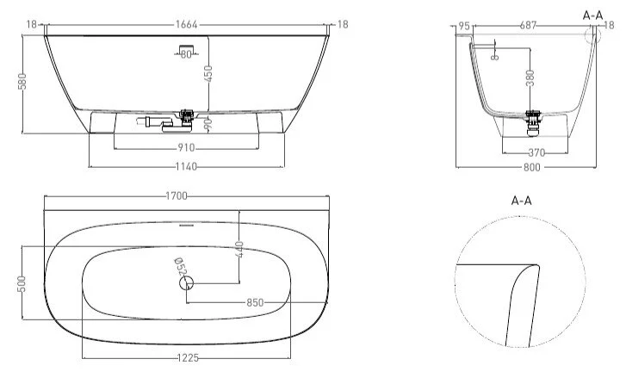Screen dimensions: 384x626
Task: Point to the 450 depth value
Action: click(208, 75)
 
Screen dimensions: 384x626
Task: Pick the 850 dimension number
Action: click(254, 302)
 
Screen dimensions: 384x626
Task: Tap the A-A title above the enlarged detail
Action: click(522, 201)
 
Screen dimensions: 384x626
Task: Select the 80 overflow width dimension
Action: click(187, 55)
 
